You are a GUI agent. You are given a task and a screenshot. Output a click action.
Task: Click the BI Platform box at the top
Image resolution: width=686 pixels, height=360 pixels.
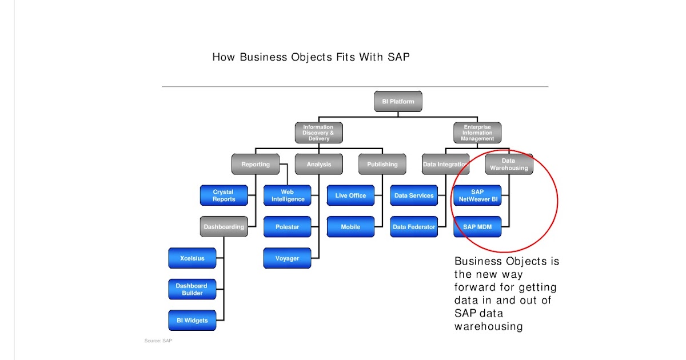tap(398, 102)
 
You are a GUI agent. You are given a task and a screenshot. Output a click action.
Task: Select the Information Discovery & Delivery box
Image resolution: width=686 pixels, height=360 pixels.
tap(318, 133)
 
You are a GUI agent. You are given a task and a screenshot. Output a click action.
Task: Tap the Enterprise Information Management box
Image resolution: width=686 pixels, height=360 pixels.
tap(477, 133)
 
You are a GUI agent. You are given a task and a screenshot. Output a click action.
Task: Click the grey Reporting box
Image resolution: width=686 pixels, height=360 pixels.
tap(255, 164)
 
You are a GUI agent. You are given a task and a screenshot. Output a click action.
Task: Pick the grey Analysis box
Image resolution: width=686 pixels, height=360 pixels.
tap(318, 164)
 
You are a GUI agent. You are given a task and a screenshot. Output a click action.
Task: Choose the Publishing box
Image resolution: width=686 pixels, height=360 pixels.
tap(382, 164)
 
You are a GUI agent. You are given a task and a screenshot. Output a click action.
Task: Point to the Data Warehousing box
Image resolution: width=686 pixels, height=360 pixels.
tap(509, 165)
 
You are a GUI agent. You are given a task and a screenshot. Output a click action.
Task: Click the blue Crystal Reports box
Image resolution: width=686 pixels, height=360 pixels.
tap(224, 195)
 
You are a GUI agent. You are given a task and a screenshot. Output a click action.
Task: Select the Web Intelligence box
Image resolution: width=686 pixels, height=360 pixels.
tap(287, 195)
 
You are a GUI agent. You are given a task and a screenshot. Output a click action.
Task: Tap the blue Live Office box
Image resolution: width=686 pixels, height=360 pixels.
tap(350, 195)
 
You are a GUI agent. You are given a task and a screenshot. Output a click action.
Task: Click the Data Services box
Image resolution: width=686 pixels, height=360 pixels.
tap(414, 195)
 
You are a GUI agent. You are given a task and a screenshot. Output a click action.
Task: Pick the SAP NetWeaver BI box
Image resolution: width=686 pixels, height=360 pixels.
tap(477, 195)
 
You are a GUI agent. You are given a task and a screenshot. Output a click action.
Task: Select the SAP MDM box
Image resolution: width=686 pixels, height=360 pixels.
tap(477, 227)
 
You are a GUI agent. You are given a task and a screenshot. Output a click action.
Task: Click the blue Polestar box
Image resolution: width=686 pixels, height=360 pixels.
tap(287, 227)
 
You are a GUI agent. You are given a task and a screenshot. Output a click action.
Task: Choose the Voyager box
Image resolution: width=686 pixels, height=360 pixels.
tap(287, 258)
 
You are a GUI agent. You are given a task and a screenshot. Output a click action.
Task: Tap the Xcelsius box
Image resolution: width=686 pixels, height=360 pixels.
tap(192, 258)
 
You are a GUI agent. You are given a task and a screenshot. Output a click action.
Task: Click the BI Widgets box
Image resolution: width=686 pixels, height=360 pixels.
tap(192, 320)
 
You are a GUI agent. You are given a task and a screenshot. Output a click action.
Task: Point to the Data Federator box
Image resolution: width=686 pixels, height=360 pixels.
tap(414, 227)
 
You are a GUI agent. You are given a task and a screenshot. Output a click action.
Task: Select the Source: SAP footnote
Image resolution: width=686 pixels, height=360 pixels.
tap(158, 341)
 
